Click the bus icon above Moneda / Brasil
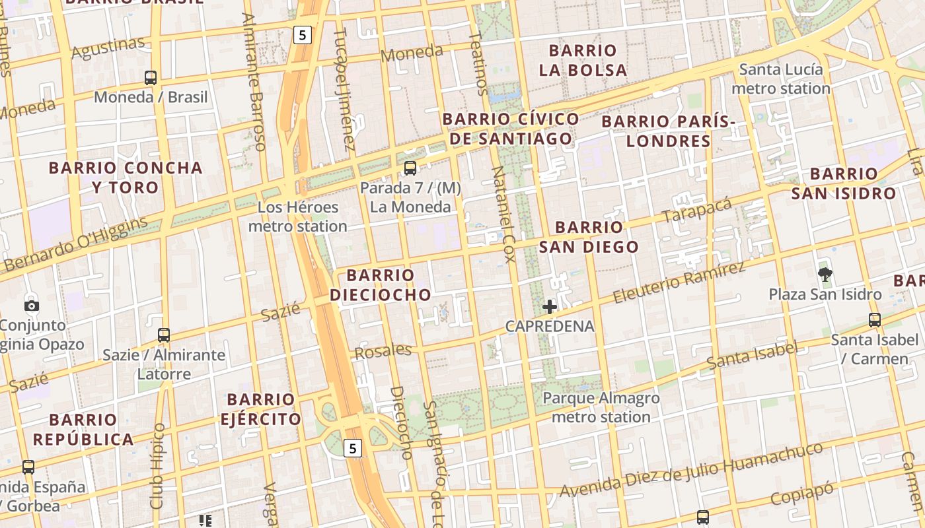point(151,78)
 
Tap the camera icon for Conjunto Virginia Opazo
point(31,306)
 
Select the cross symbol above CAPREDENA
point(550,306)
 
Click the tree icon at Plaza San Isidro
point(825,275)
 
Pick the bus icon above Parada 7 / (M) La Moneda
point(410,168)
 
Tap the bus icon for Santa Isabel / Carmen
point(875,320)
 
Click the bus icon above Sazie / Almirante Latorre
point(164,335)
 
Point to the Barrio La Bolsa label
point(583,60)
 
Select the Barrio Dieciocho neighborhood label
point(380,285)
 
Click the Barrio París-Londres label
point(669,131)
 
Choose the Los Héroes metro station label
point(297,216)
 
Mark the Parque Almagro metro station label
point(601,407)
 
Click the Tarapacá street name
point(697,210)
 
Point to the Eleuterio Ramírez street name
point(679,282)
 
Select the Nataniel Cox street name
point(503,214)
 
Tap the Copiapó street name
point(802,494)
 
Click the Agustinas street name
point(108,48)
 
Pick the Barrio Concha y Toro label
point(126,178)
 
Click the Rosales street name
point(383,351)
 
